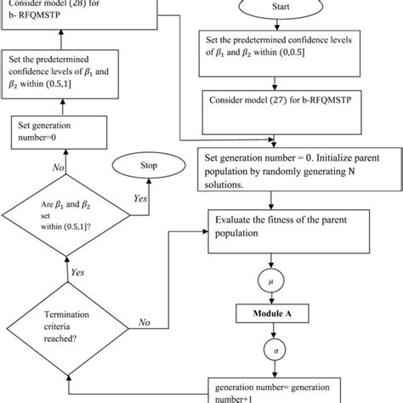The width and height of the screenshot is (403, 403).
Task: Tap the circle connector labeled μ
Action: [269, 281]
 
